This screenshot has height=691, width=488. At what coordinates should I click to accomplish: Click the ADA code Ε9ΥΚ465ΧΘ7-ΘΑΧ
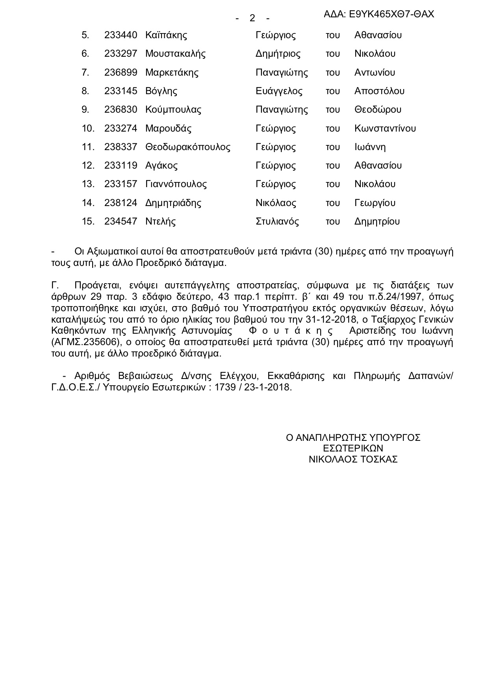click(x=379, y=15)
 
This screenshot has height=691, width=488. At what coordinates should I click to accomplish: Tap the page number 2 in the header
click(x=252, y=18)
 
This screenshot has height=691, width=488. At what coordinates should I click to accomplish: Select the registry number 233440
click(x=121, y=35)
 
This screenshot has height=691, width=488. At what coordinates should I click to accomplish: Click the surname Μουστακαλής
click(x=175, y=54)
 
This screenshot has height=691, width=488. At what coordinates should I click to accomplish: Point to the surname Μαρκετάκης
click(x=172, y=72)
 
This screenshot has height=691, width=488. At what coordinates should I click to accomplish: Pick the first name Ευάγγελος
click(x=279, y=91)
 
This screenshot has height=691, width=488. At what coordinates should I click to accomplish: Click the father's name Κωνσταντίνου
click(x=385, y=128)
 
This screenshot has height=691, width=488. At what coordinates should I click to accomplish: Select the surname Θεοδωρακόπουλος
click(x=187, y=147)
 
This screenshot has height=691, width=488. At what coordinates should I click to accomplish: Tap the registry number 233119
click(x=121, y=165)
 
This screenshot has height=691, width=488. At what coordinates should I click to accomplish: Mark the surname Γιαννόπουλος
click(x=176, y=184)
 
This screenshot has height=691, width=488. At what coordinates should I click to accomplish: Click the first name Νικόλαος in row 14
click(x=276, y=203)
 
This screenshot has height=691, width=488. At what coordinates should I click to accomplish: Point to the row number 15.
click(x=88, y=221)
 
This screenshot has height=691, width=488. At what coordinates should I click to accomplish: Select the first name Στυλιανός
click(x=277, y=221)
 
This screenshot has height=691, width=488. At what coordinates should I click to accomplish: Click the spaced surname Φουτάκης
click(x=291, y=331)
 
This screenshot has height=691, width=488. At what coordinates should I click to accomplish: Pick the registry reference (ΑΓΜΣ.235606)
click(x=85, y=342)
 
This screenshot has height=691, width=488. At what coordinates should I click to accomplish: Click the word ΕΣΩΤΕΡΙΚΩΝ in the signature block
click(x=353, y=448)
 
